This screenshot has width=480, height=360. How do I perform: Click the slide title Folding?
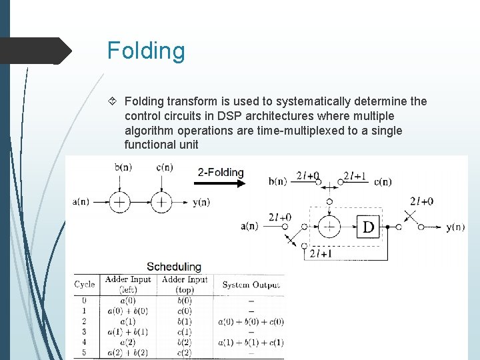pos(146,51)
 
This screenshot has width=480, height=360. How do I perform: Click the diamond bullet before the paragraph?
pos(113,101)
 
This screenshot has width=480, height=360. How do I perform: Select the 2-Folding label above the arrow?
pos(221,172)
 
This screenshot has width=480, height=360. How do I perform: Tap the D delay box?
pos(367,227)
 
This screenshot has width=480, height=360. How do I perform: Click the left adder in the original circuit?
pos(119,202)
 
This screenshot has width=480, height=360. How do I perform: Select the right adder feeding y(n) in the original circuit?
pos(161,202)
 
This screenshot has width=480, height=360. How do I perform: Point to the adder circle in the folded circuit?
pos(327,227)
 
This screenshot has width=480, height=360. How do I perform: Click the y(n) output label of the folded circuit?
pos(455,227)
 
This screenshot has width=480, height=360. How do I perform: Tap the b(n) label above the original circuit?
pos(123,167)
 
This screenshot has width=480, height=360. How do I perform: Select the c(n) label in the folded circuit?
pos(383,181)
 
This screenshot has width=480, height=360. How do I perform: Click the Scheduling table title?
pos(174,267)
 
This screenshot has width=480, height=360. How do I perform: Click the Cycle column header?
pos(85,284)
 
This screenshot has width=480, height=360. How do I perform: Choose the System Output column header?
pos(251,285)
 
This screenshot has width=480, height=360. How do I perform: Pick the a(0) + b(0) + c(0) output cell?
pos(251,321)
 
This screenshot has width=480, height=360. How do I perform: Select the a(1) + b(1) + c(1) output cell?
pos(251,343)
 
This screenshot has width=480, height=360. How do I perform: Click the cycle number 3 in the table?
pos(83,332)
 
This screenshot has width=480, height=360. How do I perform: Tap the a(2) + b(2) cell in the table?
pos(127,353)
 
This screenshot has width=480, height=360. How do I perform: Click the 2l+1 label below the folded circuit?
pos(322,254)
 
